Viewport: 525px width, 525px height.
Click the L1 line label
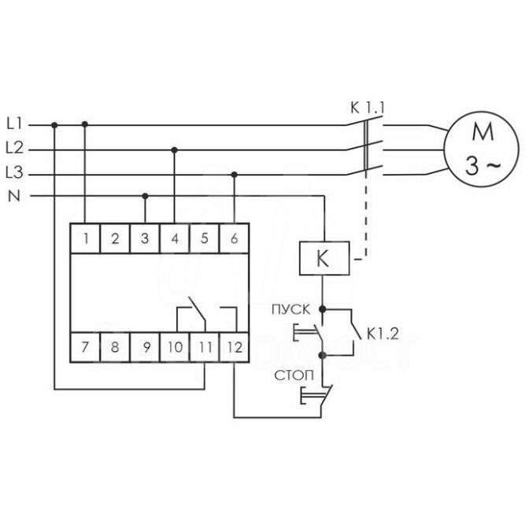[15, 124]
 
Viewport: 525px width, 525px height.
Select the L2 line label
[15, 148]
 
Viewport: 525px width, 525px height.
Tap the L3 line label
[15, 172]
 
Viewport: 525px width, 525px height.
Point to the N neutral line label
[13, 196]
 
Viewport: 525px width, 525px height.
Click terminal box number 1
[84, 238]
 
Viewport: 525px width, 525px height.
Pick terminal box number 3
[144, 238]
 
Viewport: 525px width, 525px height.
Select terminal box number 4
[174, 238]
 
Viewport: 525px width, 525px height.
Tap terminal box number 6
[235, 238]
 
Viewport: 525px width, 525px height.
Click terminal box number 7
[84, 346]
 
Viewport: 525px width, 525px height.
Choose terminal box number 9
[144, 346]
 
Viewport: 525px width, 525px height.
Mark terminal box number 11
[204, 346]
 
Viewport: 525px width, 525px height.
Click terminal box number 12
[235, 346]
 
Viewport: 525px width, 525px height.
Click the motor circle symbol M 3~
[478, 147]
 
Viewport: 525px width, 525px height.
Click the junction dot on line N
[145, 195]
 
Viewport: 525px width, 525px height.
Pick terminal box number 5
[204, 238]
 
